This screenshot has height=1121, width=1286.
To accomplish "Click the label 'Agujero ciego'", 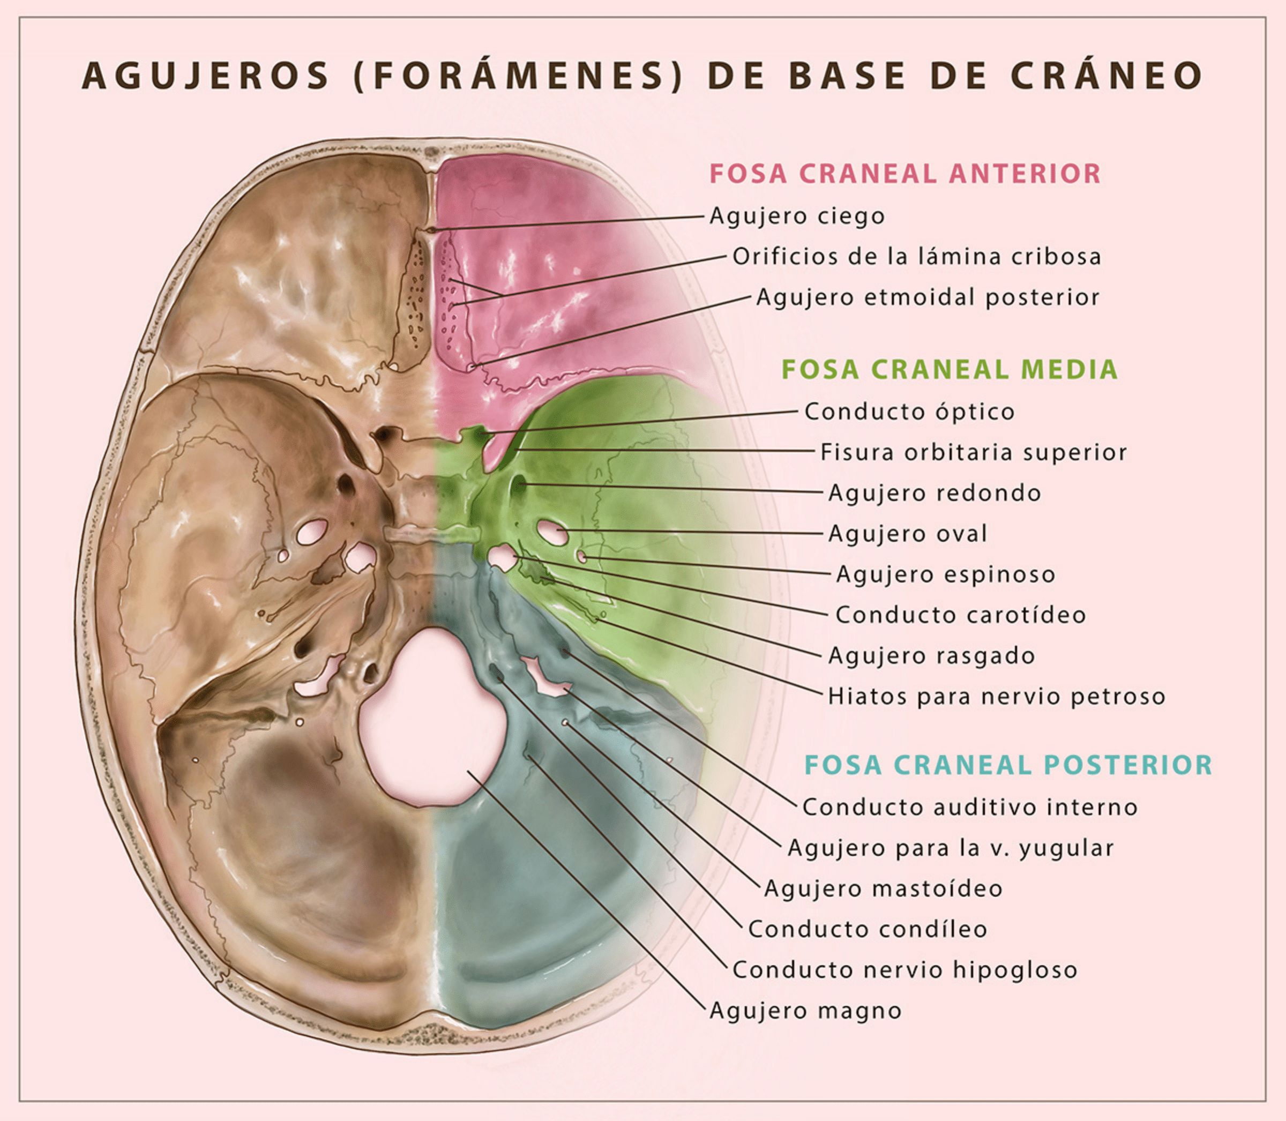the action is point(797,216).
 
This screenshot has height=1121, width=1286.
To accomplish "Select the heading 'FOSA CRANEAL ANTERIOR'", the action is point(905,173).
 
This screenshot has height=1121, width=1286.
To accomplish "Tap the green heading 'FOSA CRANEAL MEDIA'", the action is point(949,369).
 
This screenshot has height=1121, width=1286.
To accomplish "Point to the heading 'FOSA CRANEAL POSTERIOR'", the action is point(1008,765).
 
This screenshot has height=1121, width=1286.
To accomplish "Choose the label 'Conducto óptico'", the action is point(909,412).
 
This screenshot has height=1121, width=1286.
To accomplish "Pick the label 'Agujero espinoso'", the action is point(946,574).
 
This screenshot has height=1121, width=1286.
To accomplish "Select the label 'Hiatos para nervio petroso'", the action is point(997,696).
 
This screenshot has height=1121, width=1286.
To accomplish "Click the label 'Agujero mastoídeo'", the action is point(883,888).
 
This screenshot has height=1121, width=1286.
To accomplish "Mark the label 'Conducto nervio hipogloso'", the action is point(905,969).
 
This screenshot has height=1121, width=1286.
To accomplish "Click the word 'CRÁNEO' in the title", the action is point(1107,76).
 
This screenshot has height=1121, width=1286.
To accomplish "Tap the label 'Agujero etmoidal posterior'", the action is point(928,297).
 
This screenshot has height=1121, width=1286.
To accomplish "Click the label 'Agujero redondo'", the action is point(934,493).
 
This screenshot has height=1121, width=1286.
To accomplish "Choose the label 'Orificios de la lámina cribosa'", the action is point(917,257).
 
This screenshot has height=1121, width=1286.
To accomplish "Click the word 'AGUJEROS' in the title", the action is point(205,76).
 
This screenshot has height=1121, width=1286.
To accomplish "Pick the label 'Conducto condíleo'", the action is point(868,929).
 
